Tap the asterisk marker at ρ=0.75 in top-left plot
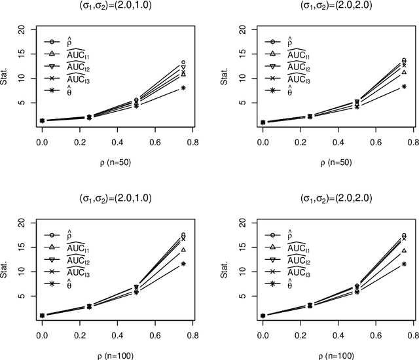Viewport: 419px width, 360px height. click(183, 88)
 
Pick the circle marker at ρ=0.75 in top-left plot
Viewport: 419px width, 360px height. click(183, 62)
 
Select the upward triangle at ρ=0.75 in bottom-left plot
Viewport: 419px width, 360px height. click(183, 250)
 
